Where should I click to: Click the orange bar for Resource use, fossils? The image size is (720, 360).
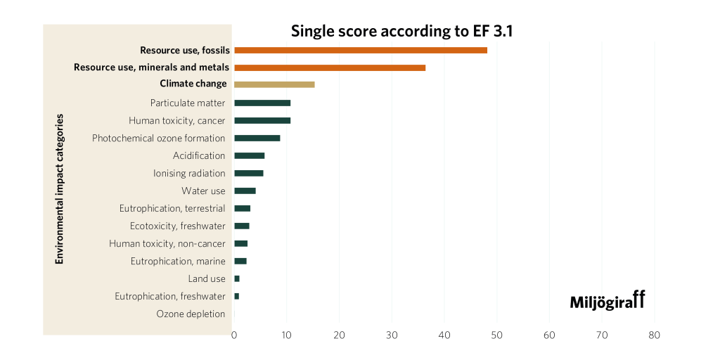361,50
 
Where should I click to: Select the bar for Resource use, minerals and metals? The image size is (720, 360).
330,67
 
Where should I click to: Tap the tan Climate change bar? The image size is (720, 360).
274,84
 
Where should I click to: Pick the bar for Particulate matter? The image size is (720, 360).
262,103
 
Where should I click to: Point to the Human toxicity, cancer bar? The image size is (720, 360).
262,121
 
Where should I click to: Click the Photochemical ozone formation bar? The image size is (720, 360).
257,138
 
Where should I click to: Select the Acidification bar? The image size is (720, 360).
250,155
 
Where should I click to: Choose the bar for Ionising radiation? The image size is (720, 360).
249,173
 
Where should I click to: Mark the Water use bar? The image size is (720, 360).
245,191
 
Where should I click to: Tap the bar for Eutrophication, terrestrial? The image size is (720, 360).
243,208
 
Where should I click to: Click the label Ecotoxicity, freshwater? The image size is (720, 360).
178,226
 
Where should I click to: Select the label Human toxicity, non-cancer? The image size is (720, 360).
167,243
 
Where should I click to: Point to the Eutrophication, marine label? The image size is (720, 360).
178,261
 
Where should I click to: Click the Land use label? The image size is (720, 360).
207,278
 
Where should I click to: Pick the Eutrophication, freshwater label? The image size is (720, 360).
170,296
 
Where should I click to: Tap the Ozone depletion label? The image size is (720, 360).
191,314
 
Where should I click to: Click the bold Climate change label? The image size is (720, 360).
193,84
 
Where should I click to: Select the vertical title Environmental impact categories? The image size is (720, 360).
60,188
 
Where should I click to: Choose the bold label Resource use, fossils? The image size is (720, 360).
185,50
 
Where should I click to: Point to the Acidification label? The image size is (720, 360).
199,155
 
